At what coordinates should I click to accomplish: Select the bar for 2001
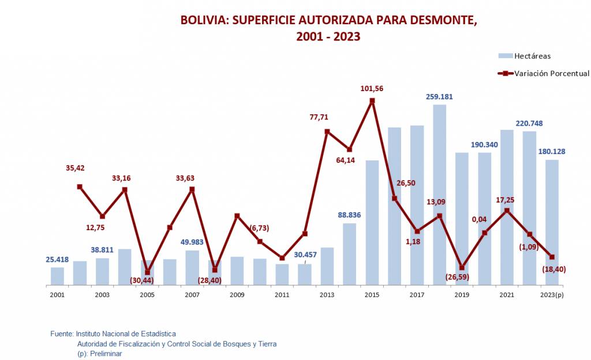click(57, 276)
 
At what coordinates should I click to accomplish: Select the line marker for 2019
click(462, 268)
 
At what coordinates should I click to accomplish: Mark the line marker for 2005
click(147, 272)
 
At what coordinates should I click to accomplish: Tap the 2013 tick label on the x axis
click(327, 295)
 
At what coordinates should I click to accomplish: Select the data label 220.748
click(529, 123)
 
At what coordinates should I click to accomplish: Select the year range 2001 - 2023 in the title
click(328, 36)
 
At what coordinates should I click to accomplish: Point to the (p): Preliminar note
click(99, 353)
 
